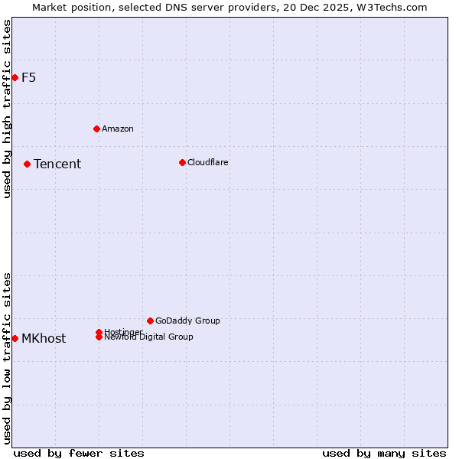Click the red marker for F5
coord(15,77)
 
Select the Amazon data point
coord(96,129)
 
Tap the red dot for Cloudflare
coord(182,162)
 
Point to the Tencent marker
coord(27,164)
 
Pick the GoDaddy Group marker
coord(150,321)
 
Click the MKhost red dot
coord(15,338)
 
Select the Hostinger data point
coord(99,332)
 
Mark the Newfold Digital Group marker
coord(99,337)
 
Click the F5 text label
coord(28,77)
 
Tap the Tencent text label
coord(57,164)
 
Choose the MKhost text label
coord(44,338)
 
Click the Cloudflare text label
coord(208,162)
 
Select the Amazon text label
coord(118,129)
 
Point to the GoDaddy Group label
coord(187,321)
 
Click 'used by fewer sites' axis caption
coord(79,453)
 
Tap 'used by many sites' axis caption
coord(384,453)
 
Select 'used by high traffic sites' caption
coord(7,109)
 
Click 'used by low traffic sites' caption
coord(7,358)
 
